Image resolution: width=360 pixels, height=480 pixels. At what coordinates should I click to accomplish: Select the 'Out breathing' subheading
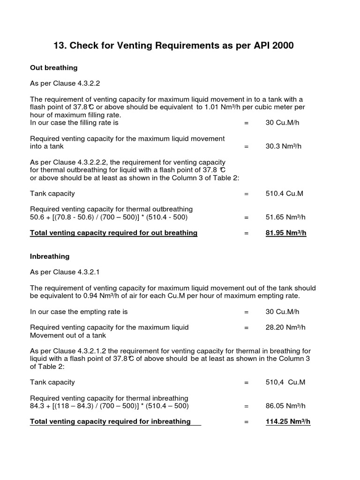(x=53, y=68)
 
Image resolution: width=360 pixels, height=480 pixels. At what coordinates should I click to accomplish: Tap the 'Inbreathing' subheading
(x=50, y=256)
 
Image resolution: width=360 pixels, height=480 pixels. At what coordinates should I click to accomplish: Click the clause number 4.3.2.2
(x=85, y=83)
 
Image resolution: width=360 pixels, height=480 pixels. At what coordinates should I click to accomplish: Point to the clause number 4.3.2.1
(x=85, y=272)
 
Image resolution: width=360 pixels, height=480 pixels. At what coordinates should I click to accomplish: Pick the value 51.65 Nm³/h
(x=285, y=217)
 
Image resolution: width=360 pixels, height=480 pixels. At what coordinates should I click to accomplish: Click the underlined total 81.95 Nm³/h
(x=285, y=233)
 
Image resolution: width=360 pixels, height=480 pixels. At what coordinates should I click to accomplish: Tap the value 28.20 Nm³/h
(x=285, y=328)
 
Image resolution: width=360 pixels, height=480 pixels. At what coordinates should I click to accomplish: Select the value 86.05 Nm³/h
(x=285, y=406)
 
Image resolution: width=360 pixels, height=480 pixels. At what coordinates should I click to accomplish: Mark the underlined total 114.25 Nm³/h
(x=288, y=421)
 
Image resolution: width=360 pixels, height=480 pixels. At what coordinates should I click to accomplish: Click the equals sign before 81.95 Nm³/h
(x=246, y=233)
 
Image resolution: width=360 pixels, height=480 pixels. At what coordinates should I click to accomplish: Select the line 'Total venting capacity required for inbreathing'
(x=110, y=421)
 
